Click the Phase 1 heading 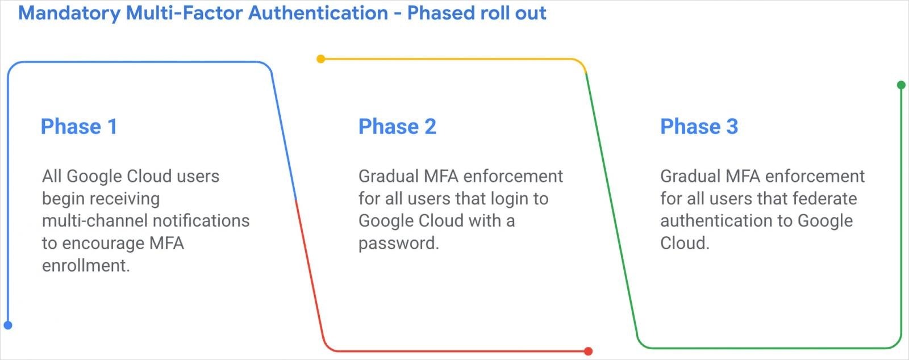point(79,127)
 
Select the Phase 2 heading point(397,127)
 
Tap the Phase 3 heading point(699,127)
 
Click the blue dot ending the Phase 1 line point(8,325)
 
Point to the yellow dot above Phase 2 point(320,59)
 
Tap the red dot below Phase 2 point(589,351)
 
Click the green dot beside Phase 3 point(901,85)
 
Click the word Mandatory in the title point(69,14)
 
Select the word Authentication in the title point(318,12)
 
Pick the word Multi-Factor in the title point(185,12)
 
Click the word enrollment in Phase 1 point(86,266)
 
